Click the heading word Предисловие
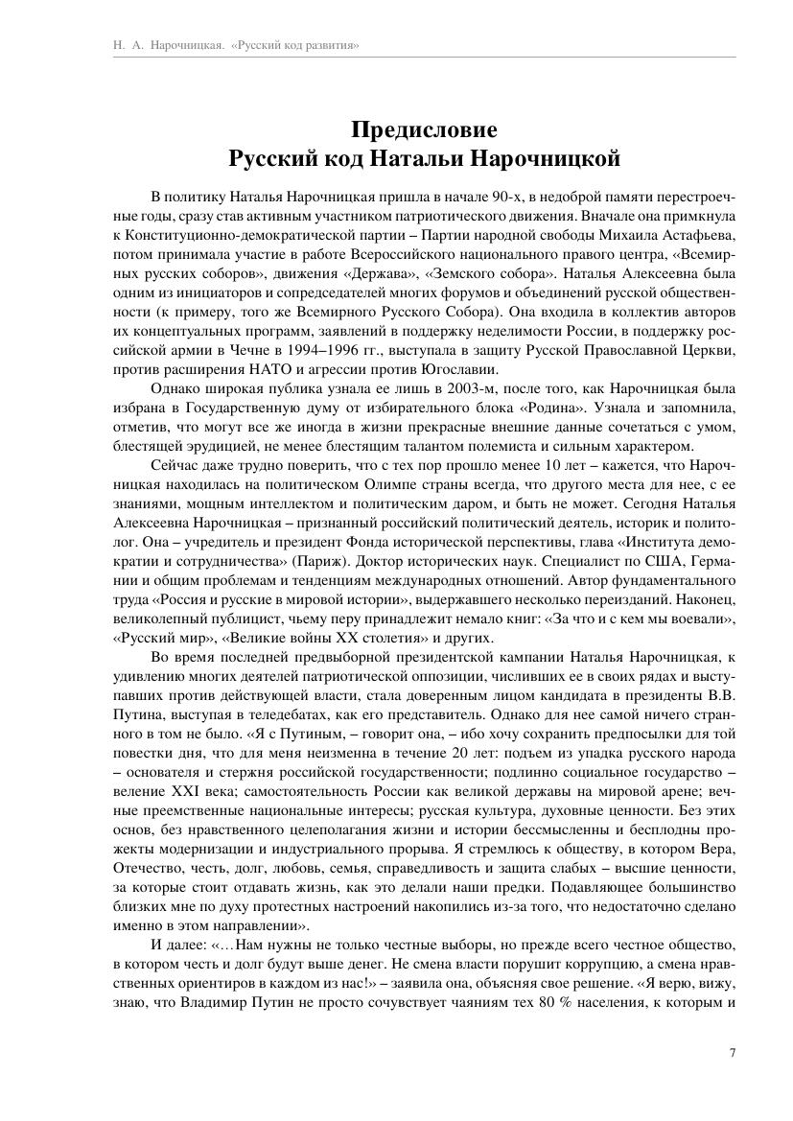click(424, 128)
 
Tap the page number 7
click(732, 1052)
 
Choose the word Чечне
click(204, 353)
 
